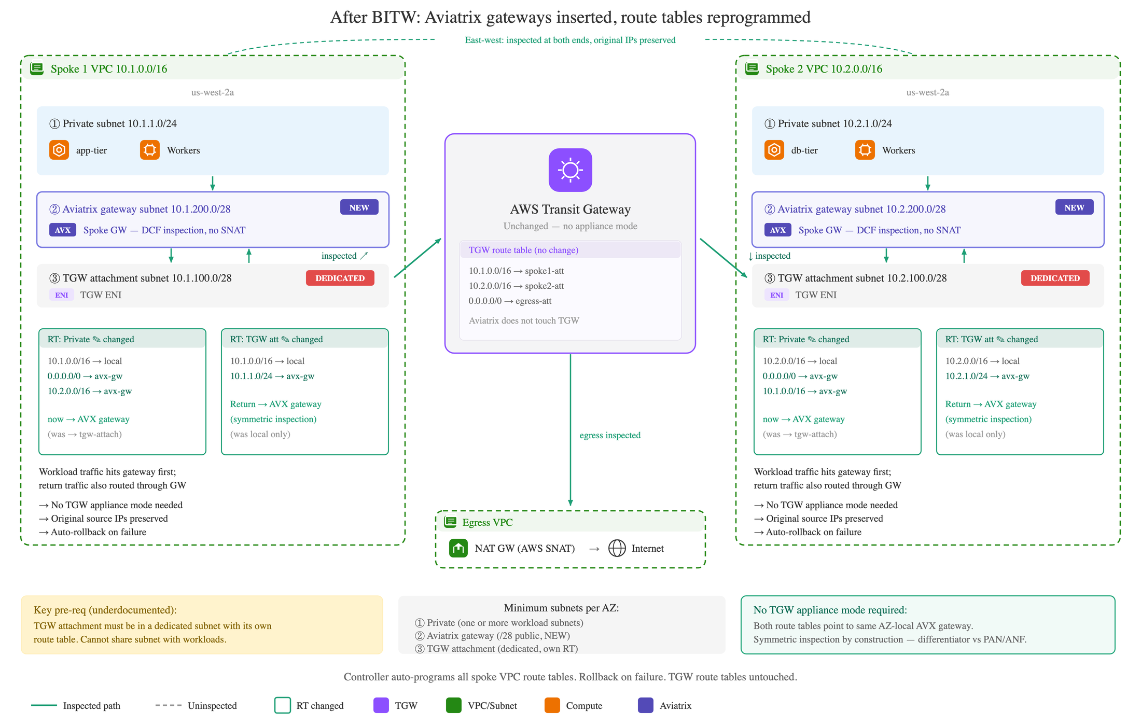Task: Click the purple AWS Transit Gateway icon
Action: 570,170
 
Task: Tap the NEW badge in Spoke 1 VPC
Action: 359,207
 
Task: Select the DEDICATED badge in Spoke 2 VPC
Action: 1055,278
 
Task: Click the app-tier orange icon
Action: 59,150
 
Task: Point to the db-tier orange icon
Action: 774,150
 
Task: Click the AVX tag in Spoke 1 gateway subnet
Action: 63,230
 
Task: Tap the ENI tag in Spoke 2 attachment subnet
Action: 777,295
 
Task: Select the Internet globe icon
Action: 617,548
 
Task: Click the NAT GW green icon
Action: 458,548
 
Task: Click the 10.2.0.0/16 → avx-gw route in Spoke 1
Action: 90,391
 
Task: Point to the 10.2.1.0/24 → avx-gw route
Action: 987,376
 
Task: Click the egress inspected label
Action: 610,435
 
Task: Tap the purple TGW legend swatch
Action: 381,705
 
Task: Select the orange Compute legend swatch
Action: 552,705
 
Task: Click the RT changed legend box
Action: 283,705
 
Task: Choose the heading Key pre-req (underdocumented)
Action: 105,610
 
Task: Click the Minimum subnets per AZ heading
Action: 562,608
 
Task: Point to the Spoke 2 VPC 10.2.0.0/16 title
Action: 824,69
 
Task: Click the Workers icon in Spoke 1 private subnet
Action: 150,150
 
